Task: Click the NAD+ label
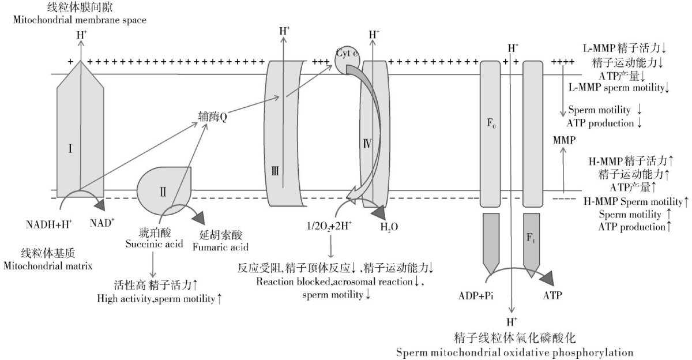pos(101,223)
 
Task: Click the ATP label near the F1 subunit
pos(552,295)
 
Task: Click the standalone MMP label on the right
pos(563,140)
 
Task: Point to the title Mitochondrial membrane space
pos(78,20)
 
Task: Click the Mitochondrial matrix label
pos(48,266)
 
